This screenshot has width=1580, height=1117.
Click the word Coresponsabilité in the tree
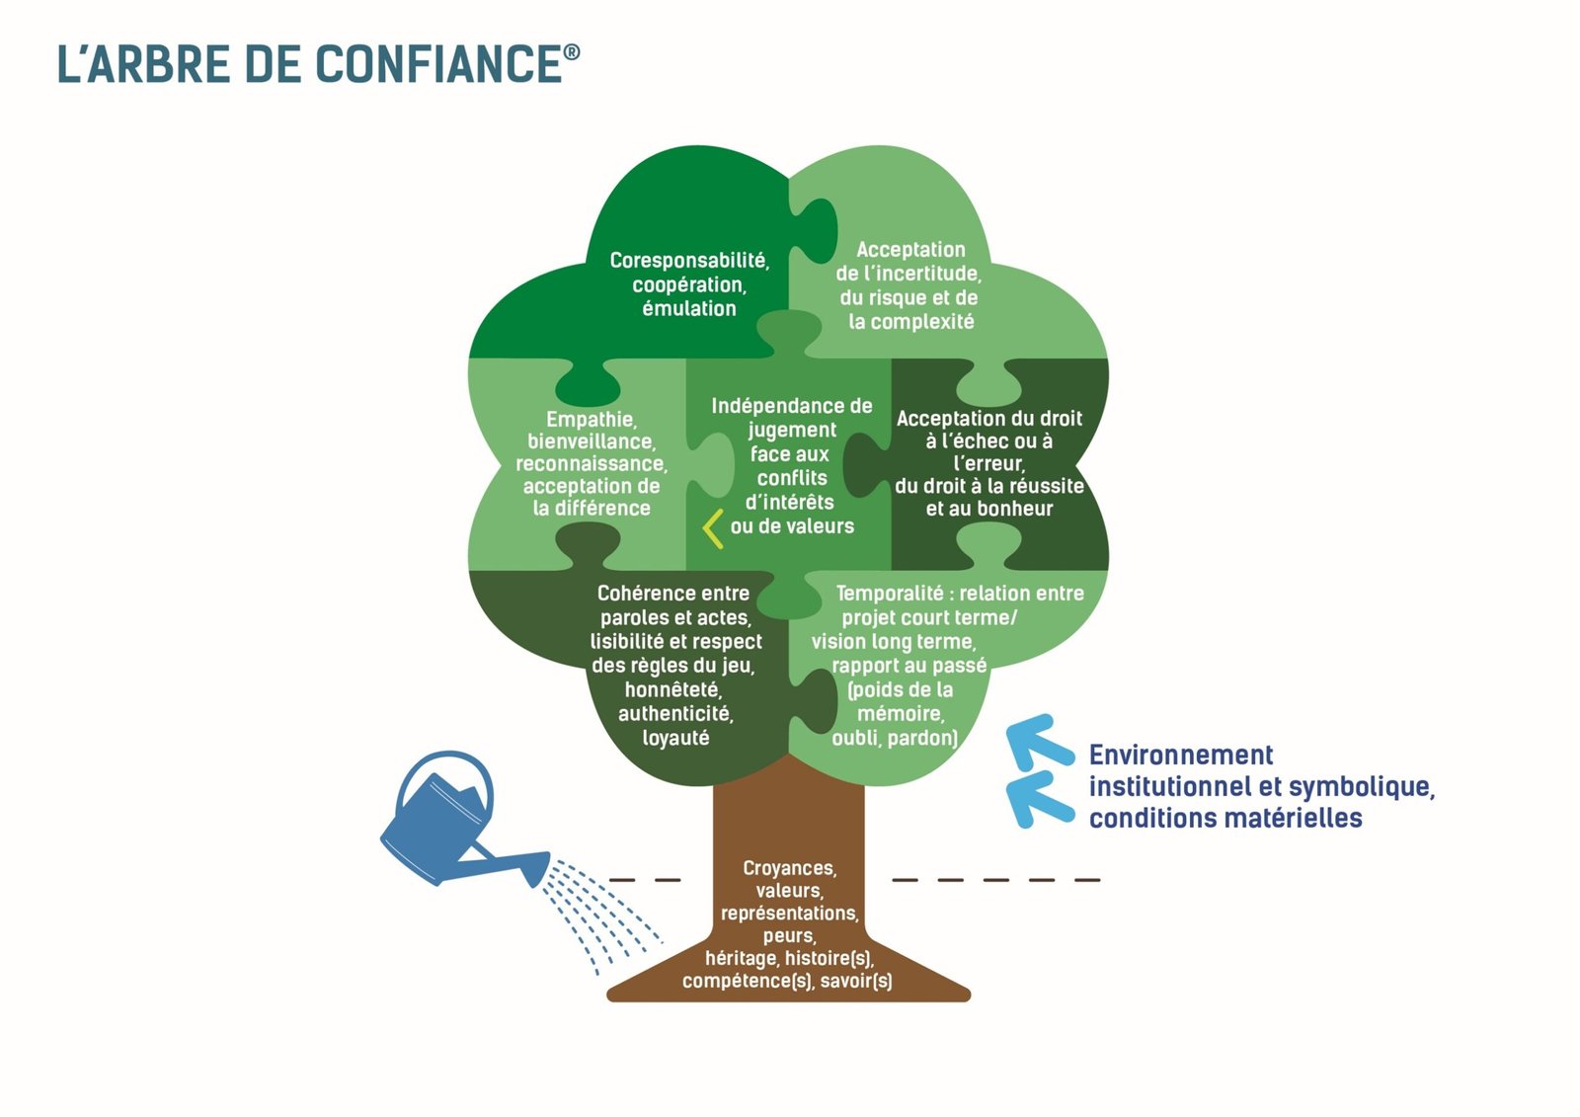point(688,261)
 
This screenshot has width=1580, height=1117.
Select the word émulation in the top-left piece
point(688,309)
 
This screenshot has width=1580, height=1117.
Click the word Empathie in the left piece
point(591,420)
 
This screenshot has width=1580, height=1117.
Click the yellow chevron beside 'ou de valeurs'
point(713,528)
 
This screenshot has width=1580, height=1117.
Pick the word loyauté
point(675,739)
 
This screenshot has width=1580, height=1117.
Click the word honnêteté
point(672,690)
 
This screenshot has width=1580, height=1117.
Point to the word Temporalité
point(889,594)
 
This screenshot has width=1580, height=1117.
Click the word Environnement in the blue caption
point(1180,756)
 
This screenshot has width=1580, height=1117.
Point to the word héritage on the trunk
point(741,958)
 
